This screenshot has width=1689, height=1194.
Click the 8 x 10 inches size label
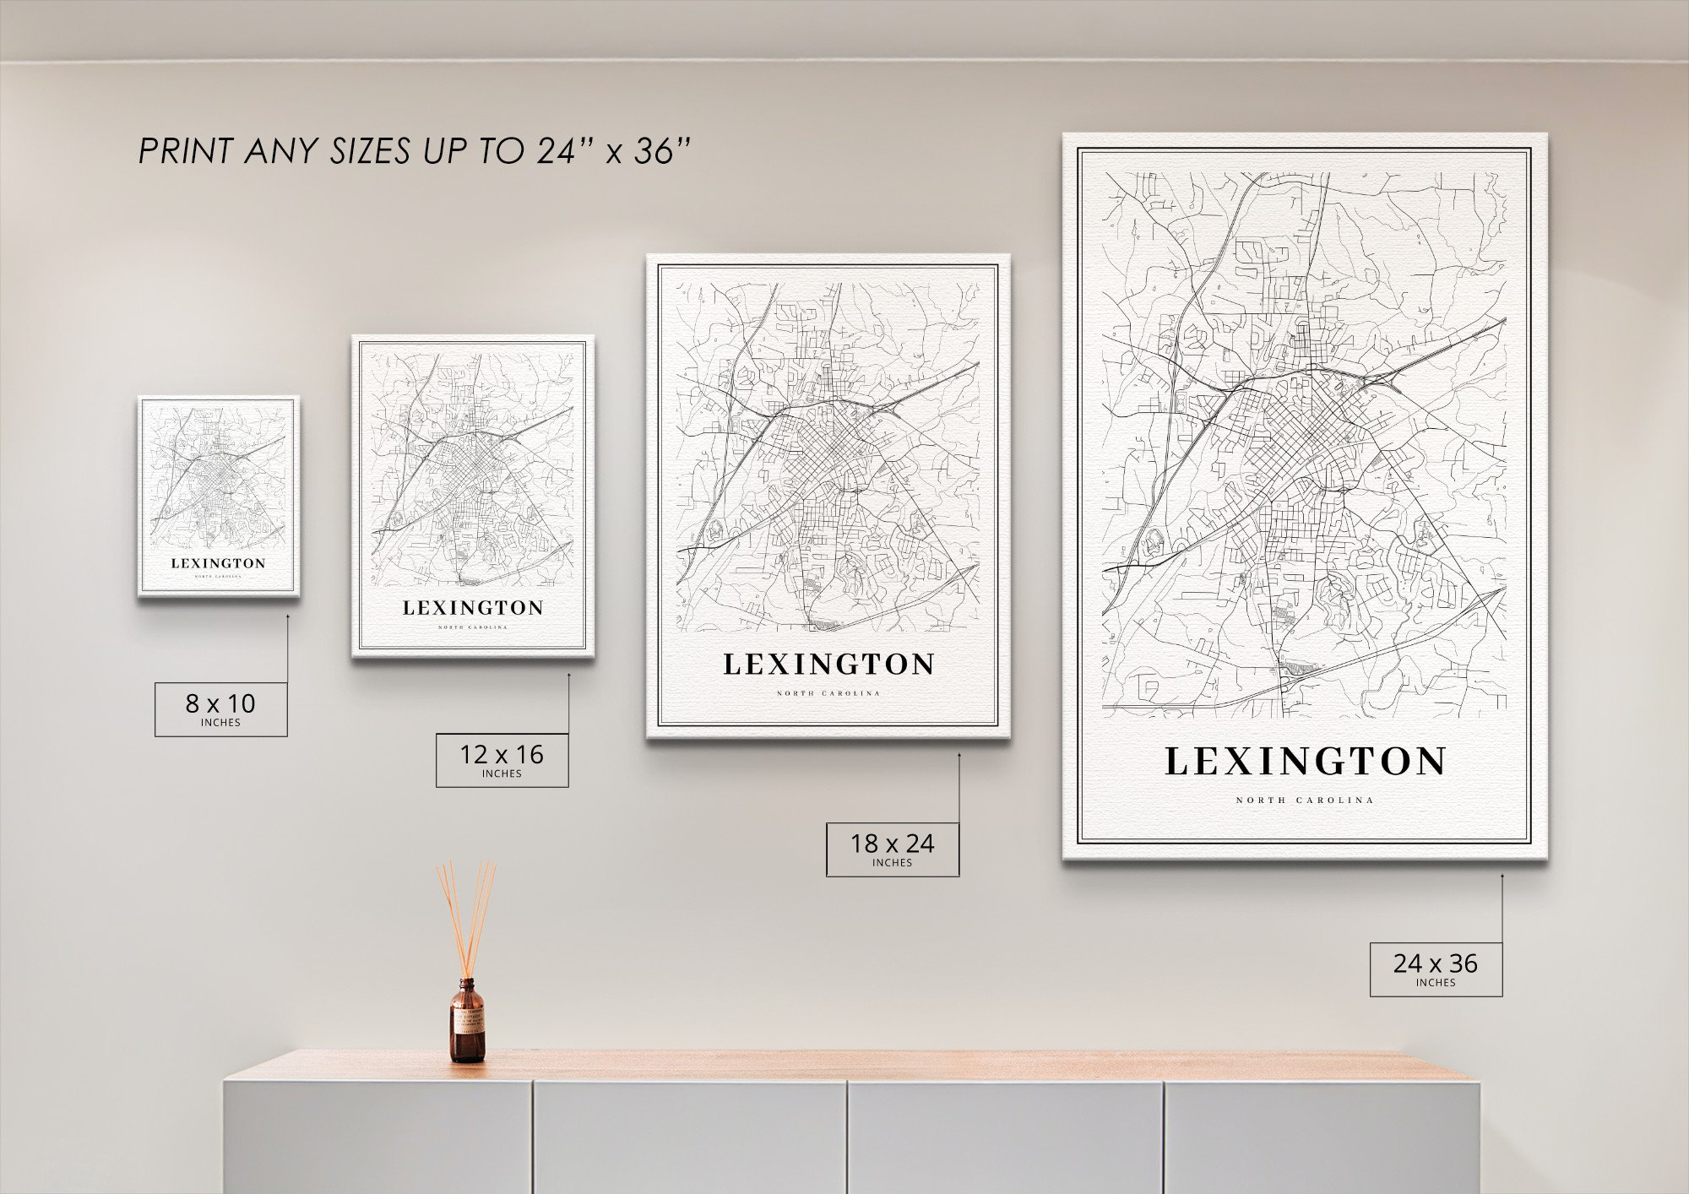pos(220,708)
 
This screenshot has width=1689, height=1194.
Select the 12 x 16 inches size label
pos(502,759)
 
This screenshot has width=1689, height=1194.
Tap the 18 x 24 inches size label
pos(892,849)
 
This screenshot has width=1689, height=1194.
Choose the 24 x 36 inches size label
pos(1436,969)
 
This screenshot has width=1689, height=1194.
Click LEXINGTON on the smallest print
pos(218,563)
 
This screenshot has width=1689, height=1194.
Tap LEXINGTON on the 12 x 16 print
pos(473,608)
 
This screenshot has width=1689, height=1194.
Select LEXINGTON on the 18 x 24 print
pos(828,665)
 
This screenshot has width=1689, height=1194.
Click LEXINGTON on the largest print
pos(1305,762)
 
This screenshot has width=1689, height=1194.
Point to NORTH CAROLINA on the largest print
pos(1305,801)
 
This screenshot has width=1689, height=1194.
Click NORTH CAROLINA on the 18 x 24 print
pos(828,693)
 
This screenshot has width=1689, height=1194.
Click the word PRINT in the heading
pos(186,152)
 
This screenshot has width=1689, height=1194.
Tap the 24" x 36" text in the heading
pos(614,152)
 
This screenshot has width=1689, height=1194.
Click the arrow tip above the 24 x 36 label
pos(1502,876)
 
